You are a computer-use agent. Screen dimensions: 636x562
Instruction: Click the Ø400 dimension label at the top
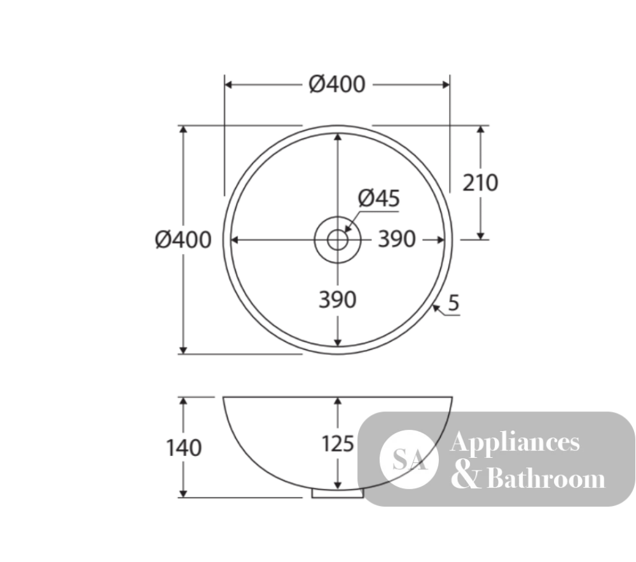336,84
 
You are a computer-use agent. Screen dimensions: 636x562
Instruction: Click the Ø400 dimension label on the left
183,239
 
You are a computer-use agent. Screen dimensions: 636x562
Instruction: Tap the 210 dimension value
480,183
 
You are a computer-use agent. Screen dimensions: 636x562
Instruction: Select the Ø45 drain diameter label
379,198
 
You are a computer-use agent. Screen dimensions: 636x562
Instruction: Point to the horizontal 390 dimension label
397,239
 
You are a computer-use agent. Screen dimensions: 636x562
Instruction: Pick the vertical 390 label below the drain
338,300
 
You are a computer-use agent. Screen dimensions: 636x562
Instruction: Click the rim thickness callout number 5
454,302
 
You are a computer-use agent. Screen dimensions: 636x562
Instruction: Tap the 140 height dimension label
184,448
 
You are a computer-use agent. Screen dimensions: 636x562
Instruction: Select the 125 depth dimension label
338,443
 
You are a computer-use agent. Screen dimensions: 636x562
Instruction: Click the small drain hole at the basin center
338,239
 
